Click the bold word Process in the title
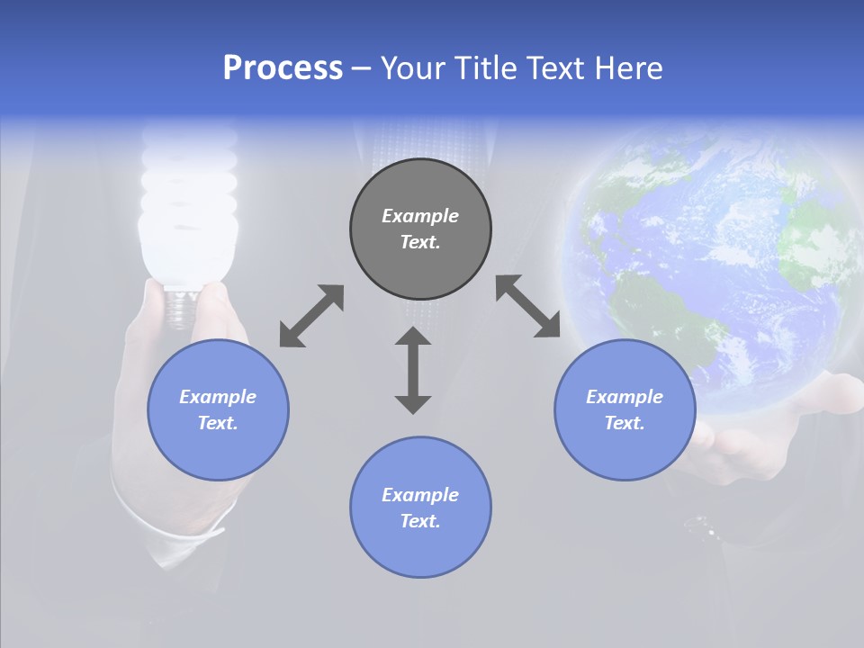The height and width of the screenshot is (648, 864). pos(283,68)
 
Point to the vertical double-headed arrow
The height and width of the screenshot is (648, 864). pos(413,370)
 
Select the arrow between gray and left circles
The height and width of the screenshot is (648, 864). pos(311,316)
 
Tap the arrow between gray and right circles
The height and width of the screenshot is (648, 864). pos(528,306)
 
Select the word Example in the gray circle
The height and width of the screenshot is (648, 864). pos(420,216)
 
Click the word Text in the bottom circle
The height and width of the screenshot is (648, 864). pos(418,521)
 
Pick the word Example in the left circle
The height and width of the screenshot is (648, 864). pos(218,397)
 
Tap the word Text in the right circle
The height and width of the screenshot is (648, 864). pos(623,423)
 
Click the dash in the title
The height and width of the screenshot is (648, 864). pos(362,68)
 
